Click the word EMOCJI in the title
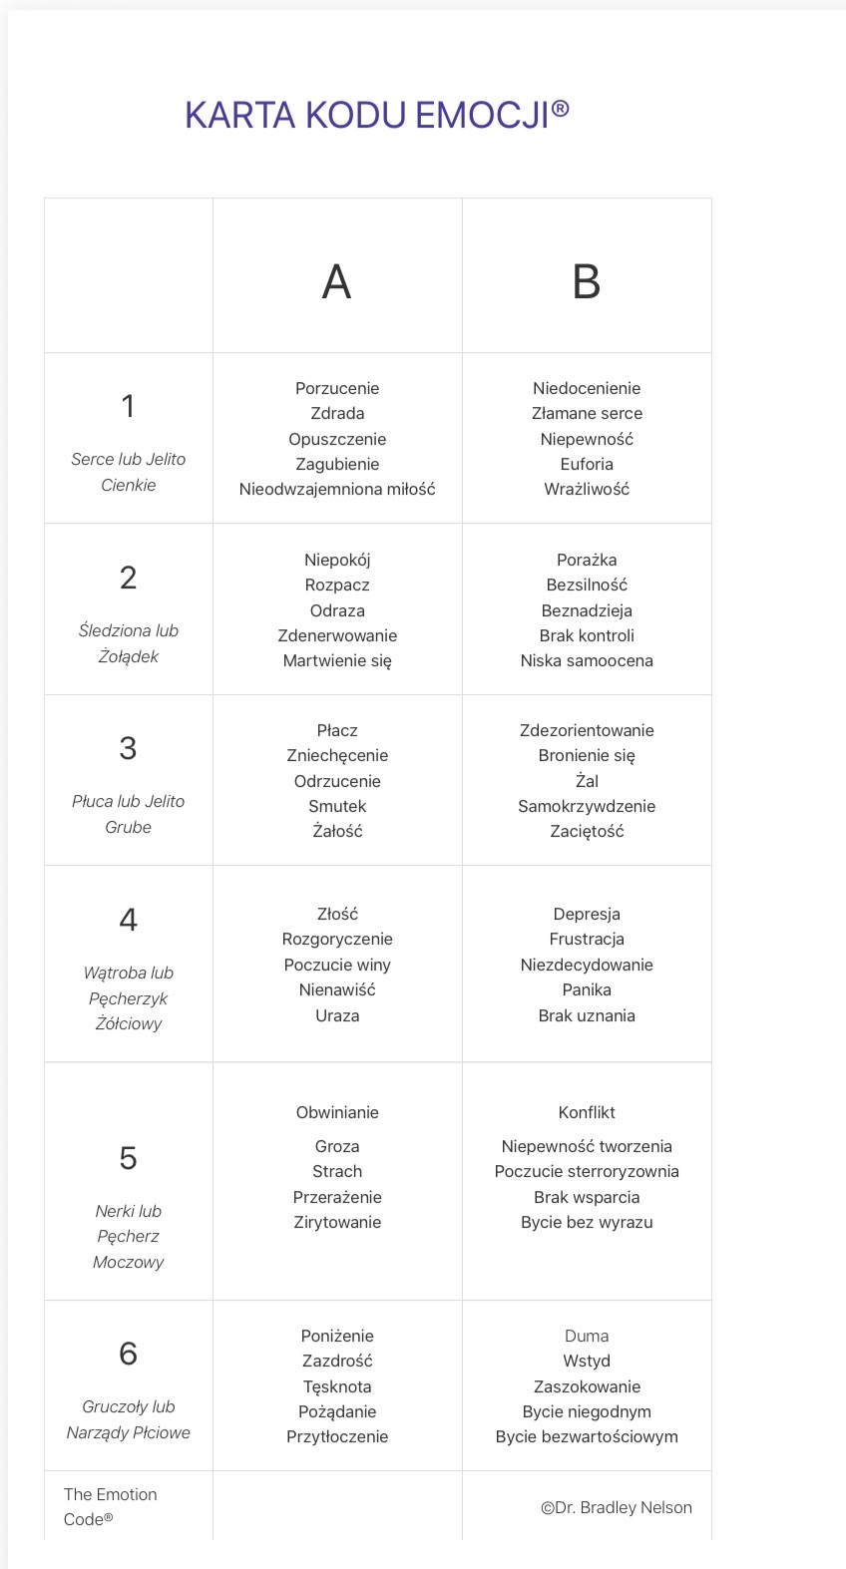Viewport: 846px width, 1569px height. (x=482, y=116)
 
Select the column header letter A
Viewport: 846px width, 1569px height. (x=337, y=282)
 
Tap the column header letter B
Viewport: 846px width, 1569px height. (x=587, y=282)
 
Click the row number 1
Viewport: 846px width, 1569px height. (x=128, y=406)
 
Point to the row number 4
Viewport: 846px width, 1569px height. (x=128, y=919)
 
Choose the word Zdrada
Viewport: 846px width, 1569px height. (x=337, y=413)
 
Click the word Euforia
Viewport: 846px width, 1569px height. (x=587, y=464)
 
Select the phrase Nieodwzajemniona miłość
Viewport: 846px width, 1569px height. (x=337, y=489)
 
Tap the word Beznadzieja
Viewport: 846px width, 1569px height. (x=587, y=610)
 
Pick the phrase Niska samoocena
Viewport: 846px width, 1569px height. (x=587, y=660)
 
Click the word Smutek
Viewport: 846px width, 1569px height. (x=337, y=806)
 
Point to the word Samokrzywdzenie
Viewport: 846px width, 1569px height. (x=587, y=806)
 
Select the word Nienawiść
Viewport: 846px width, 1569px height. (x=337, y=989)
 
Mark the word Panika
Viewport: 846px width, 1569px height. (x=587, y=989)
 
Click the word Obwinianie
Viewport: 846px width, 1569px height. (x=337, y=1112)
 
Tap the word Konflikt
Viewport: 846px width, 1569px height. (x=587, y=1112)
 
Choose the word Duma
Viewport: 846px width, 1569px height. (x=587, y=1336)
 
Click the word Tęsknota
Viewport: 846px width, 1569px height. (x=337, y=1386)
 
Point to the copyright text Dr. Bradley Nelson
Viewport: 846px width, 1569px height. (x=617, y=1507)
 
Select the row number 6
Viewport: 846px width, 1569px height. (x=128, y=1354)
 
